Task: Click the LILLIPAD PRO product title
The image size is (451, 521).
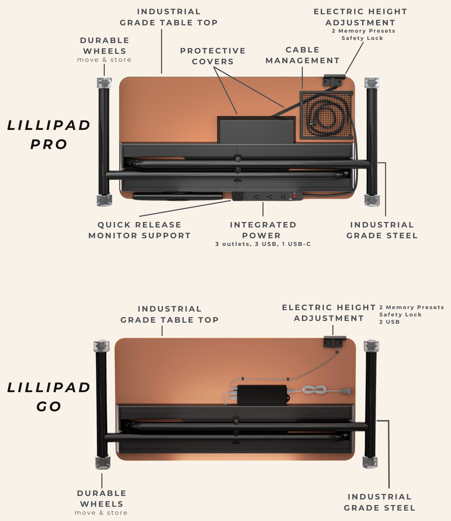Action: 49,135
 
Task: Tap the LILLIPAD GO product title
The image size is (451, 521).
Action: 49,397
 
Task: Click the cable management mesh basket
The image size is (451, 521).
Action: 326,115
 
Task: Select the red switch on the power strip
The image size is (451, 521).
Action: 295,196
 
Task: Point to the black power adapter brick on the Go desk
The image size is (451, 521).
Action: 262,395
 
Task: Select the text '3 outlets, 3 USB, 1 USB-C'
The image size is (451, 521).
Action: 263,244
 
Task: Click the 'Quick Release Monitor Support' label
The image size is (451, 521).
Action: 139,230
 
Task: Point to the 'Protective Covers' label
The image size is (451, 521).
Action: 213,56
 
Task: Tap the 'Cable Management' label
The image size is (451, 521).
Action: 303,55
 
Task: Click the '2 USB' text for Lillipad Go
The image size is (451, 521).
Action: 389,322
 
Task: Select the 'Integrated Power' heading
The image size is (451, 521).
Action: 263,230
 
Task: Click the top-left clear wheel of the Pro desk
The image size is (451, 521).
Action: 104,83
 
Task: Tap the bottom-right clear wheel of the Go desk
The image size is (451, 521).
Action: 370,462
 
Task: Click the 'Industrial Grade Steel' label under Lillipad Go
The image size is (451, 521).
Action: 380,502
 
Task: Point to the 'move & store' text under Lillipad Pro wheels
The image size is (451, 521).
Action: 104,60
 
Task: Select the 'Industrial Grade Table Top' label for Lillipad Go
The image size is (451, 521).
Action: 169,314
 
